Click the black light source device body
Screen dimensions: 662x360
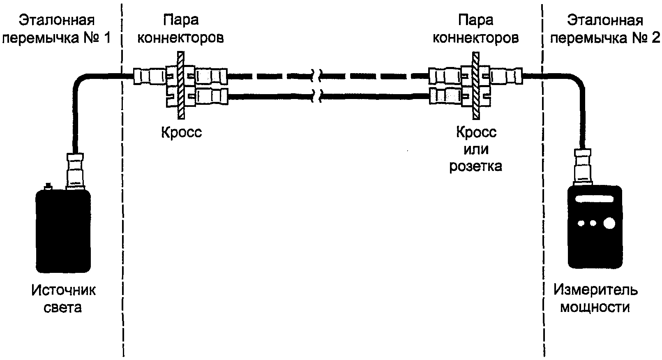click(x=63, y=231)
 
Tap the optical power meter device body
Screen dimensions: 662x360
click(x=595, y=227)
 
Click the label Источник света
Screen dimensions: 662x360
click(x=63, y=299)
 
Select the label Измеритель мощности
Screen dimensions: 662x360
click(x=595, y=298)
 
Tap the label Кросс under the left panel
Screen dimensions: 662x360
click(x=182, y=132)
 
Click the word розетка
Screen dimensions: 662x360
click(x=475, y=166)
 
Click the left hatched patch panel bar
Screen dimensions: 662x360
click(x=181, y=85)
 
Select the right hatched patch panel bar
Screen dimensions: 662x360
click(x=476, y=85)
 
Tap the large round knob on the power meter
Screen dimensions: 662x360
click(x=609, y=223)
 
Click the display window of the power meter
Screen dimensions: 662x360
click(x=594, y=199)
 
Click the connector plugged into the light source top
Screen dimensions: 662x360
click(x=75, y=171)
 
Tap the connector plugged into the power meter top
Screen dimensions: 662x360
click(x=583, y=167)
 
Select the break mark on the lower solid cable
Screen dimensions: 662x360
click(x=317, y=96)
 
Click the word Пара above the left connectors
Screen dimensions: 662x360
click(x=180, y=21)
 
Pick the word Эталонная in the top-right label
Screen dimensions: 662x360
click(x=605, y=21)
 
